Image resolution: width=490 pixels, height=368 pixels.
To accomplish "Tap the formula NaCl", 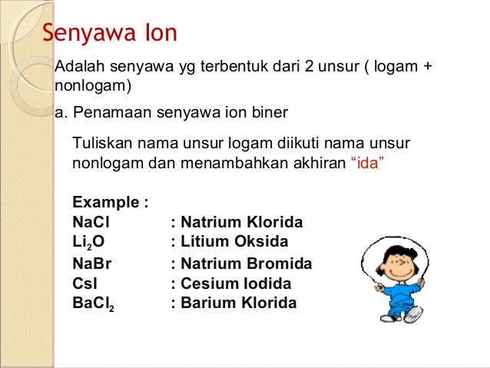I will tap(89, 223).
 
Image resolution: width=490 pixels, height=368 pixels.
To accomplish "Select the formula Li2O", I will tap(88, 243).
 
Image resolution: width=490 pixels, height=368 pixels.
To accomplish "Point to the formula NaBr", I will tap(91, 264).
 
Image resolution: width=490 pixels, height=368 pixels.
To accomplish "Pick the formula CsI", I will tap(84, 283).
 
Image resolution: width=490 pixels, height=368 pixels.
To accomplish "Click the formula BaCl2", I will tap(94, 303).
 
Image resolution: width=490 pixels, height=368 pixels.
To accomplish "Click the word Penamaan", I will tap(111, 114).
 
